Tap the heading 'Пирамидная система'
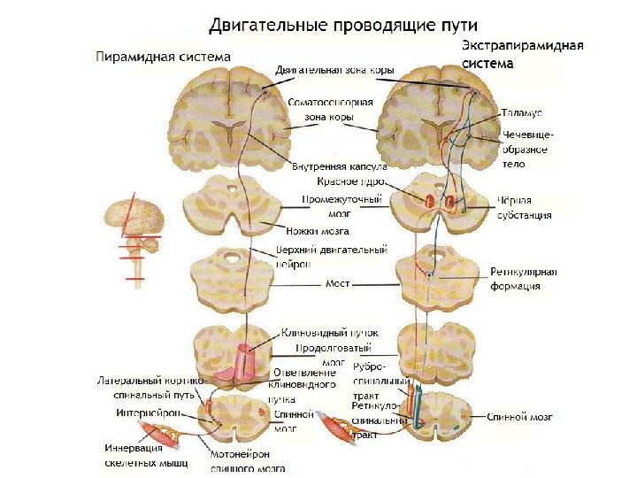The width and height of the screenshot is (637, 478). click(163, 57)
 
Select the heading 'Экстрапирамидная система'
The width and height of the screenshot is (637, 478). click(522, 54)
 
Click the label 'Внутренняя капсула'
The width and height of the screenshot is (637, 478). click(339, 166)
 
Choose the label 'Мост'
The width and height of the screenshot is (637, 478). click(338, 285)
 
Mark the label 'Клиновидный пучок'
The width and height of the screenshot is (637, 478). click(319, 334)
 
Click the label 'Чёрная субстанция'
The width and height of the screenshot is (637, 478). click(525, 207)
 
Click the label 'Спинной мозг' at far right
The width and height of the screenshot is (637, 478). click(520, 415)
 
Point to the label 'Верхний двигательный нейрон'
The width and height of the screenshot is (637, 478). click(332, 257)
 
